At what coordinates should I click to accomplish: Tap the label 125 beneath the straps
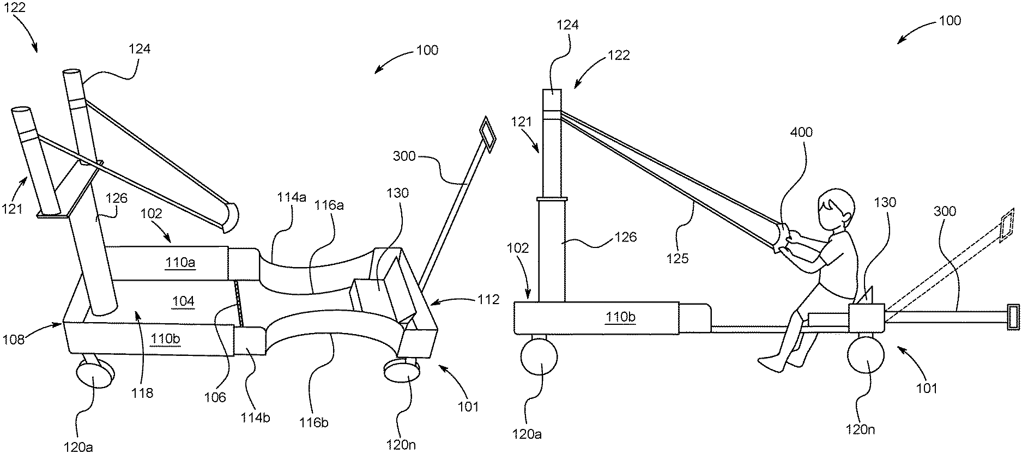(678, 258)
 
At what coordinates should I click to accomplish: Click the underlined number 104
(183, 301)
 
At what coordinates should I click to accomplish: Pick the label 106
(215, 397)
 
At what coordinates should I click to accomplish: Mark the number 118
(142, 392)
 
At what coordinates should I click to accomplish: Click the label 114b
(255, 418)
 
